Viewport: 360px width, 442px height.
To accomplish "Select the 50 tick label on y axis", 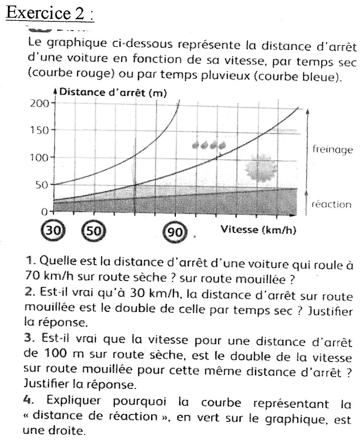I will [x=42, y=185].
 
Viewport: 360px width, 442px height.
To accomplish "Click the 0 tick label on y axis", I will [x=45, y=212].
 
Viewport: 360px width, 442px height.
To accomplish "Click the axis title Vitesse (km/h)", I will [x=258, y=230].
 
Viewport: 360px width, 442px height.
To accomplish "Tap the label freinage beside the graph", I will [x=333, y=150].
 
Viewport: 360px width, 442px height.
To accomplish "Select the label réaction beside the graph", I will [x=332, y=205].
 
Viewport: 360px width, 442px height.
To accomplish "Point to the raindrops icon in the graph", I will [x=209, y=145].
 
